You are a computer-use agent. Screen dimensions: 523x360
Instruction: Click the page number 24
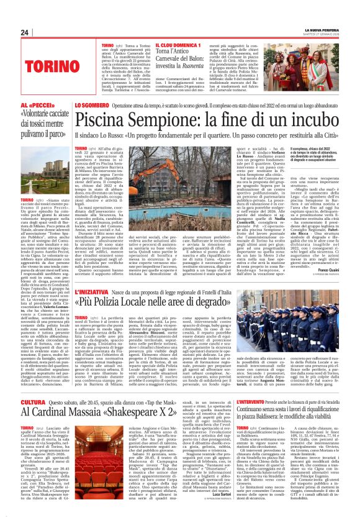coord(24,33)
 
